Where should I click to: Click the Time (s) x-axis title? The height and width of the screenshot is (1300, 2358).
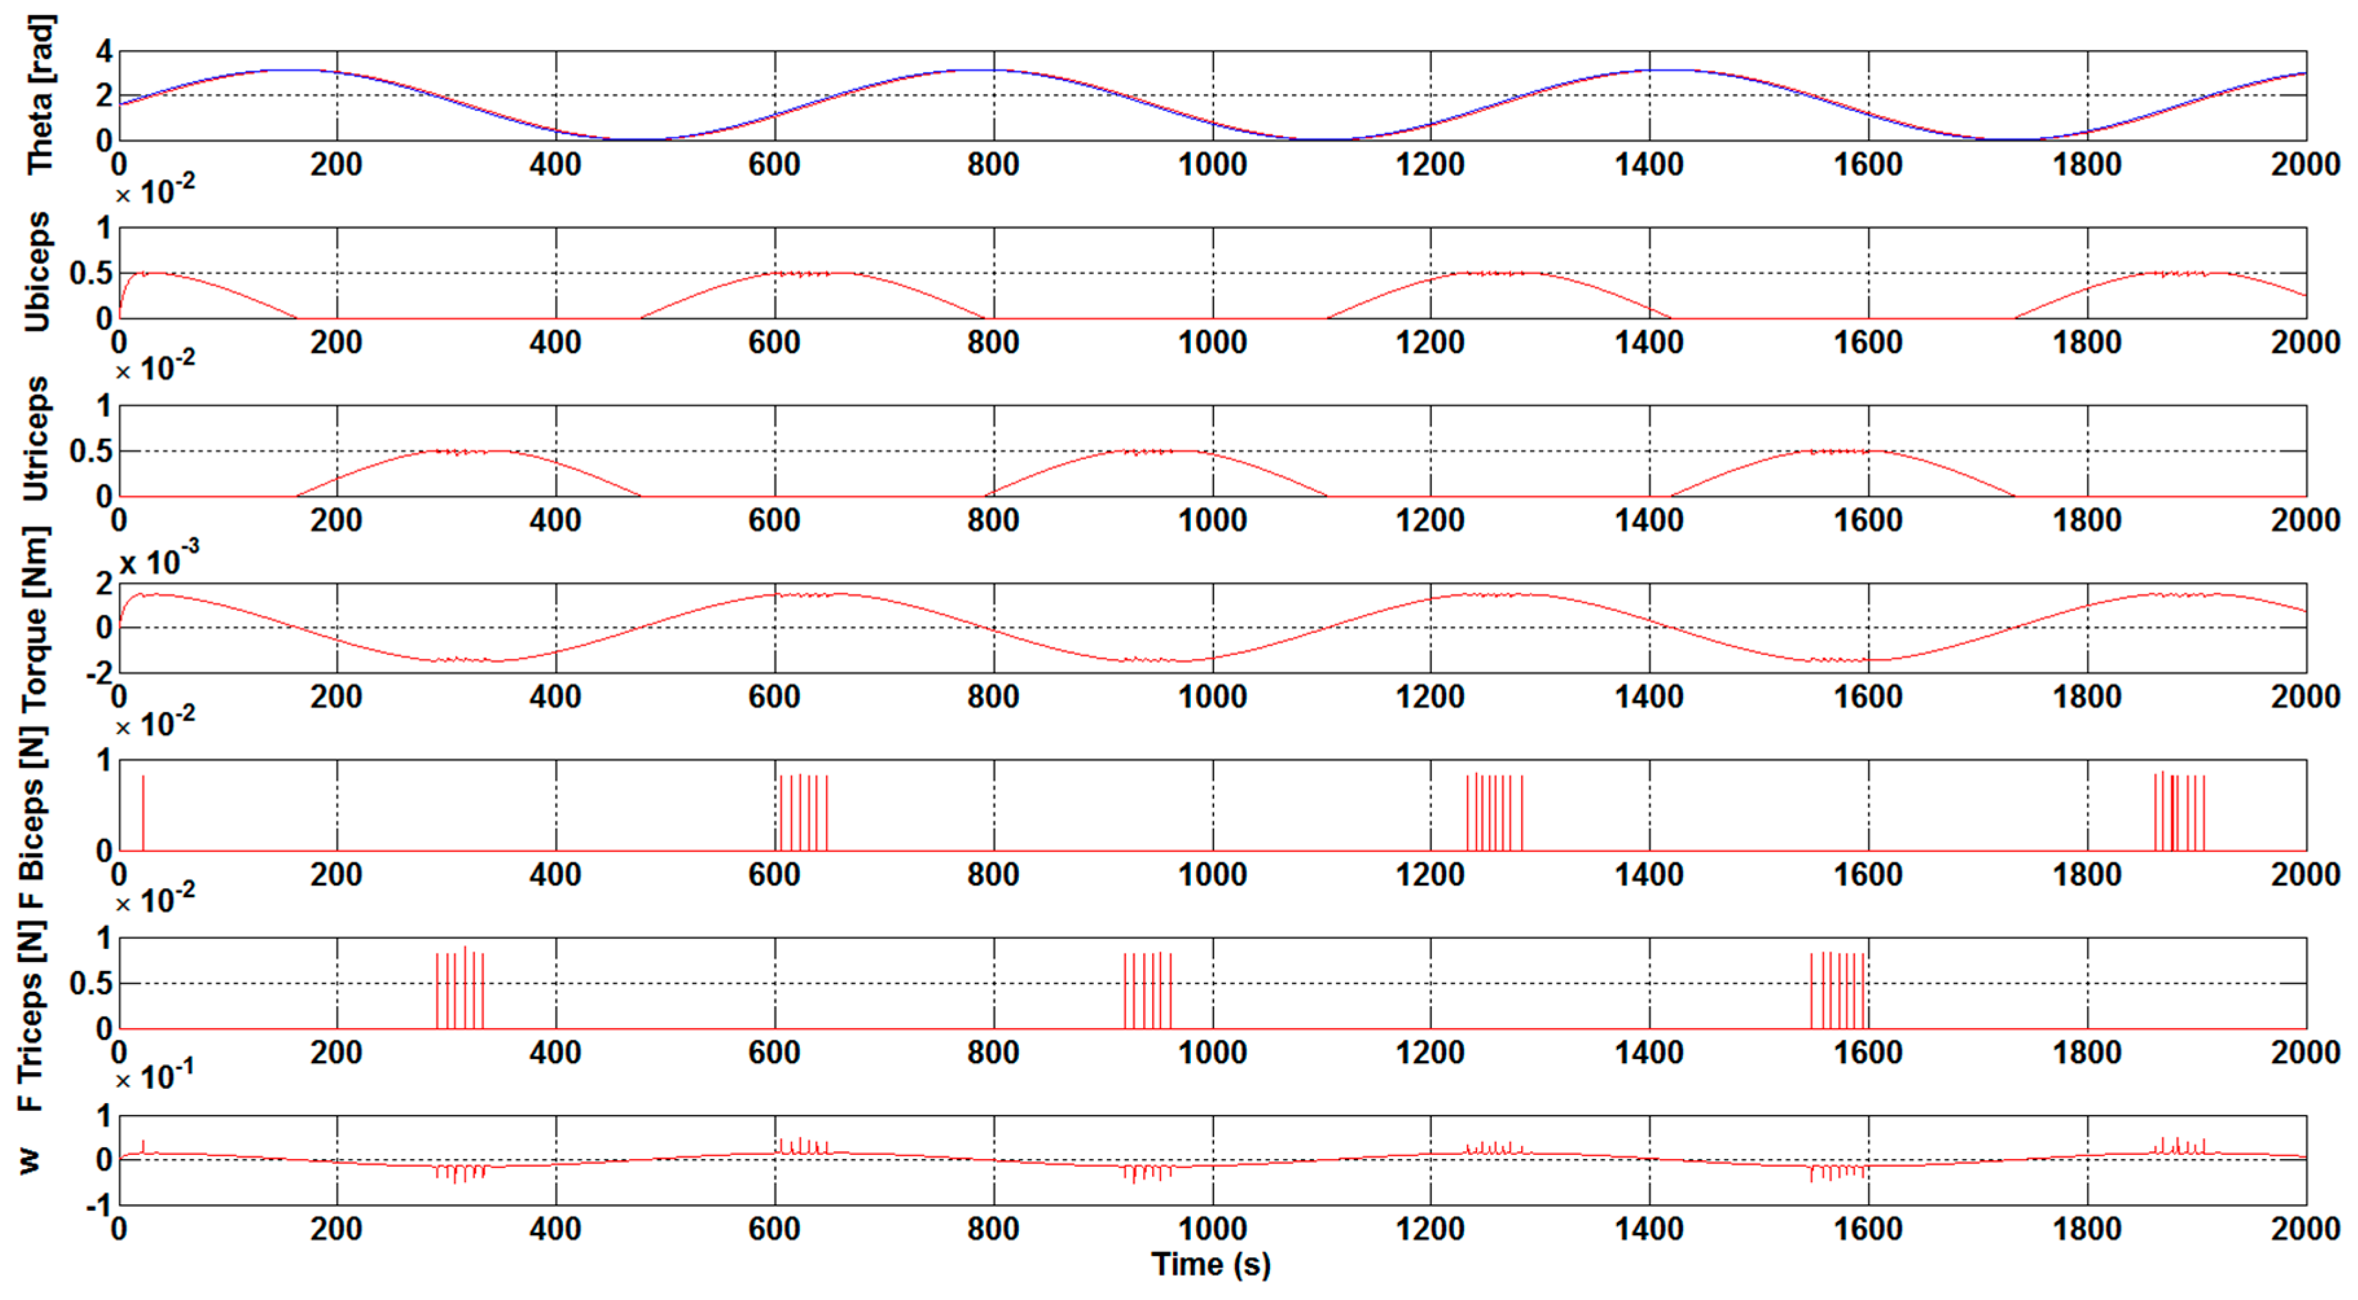pos(1210,1265)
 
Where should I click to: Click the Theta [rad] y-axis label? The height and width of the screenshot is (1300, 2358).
pos(40,95)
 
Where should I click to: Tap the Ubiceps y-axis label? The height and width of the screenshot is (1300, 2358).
pos(37,272)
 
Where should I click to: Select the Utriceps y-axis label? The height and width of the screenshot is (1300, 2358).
pos(37,440)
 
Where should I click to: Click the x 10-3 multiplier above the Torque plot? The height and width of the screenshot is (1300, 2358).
pos(159,560)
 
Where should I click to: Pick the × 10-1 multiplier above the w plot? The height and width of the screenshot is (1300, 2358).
pos(154,1077)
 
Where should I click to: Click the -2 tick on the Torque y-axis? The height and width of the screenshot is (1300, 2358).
pos(99,673)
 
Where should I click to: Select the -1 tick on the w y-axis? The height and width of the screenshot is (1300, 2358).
pos(99,1205)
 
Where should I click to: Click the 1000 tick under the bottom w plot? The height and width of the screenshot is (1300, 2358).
pos(1212,1229)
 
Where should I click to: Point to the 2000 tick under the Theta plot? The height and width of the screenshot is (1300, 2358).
pos(2305,165)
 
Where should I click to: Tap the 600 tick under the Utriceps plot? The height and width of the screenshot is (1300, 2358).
pos(774,520)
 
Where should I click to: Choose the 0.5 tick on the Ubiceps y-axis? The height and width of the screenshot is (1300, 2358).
pos(91,273)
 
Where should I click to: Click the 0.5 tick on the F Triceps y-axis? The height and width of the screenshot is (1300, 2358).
pos(91,983)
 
